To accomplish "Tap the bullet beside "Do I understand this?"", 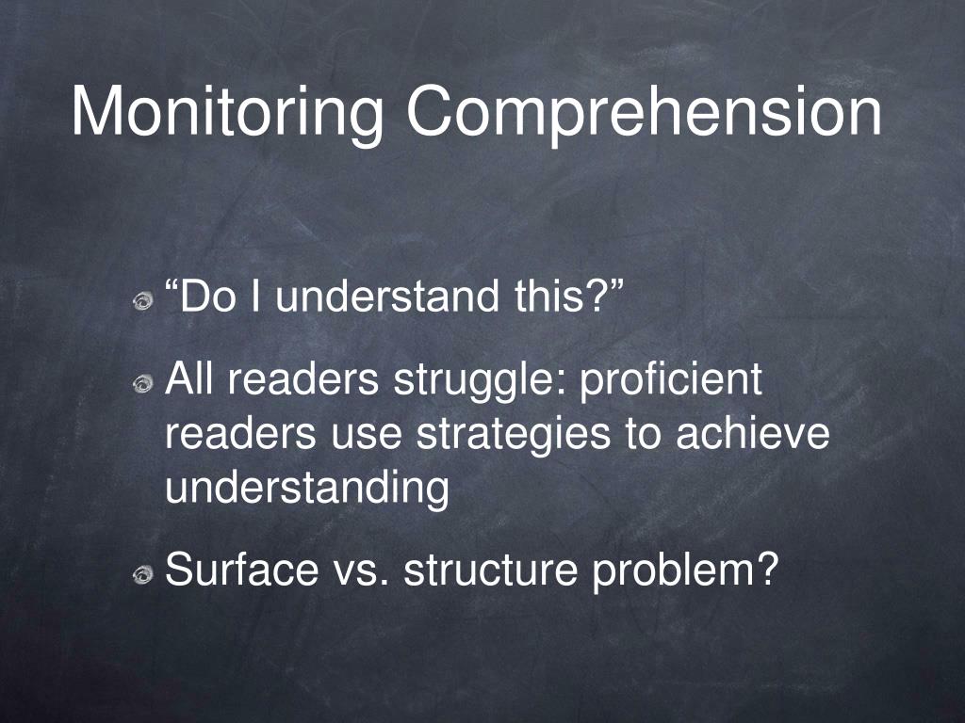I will tap(142, 300).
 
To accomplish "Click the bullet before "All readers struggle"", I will tap(142, 383).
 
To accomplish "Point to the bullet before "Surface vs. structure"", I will tap(142, 573).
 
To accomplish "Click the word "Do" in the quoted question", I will tap(199, 297).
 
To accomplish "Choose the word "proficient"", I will tap(670, 380).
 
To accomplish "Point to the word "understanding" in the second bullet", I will tap(307, 490).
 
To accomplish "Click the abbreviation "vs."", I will tap(361, 570).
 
